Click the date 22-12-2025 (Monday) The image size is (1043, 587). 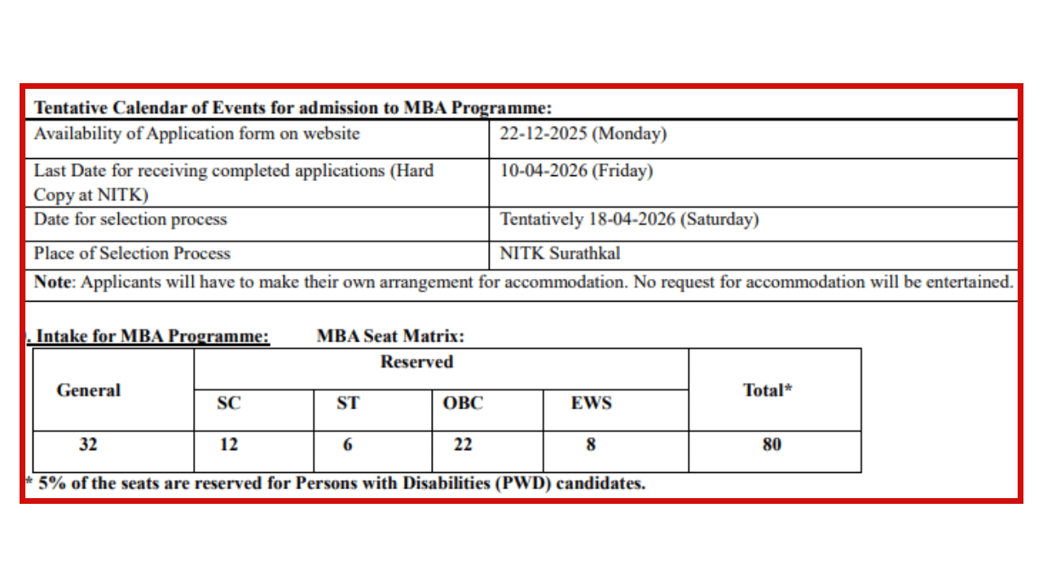583,135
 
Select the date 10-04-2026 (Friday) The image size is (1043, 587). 576,171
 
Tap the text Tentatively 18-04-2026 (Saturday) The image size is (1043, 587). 629,219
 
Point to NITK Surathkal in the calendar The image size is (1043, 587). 560,254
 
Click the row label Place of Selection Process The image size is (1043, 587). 132,254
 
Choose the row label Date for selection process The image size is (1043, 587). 130,219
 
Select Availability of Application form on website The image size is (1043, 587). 196,135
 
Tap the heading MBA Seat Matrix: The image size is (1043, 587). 390,336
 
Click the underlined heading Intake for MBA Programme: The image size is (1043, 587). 153,336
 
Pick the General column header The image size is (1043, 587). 89,391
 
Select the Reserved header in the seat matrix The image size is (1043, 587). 416,362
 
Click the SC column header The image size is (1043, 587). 229,403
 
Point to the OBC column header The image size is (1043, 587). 463,403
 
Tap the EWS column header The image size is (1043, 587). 591,403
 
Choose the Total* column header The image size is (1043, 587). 768,391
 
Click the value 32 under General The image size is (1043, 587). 88,445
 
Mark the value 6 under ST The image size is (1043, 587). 348,445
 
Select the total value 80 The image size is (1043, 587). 772,445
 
